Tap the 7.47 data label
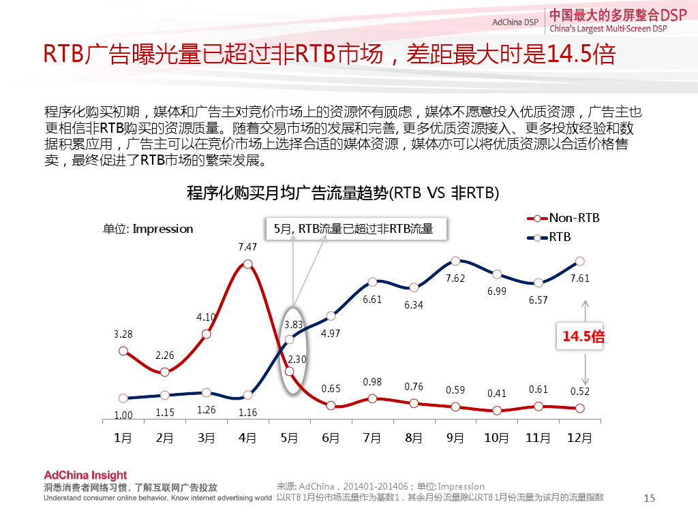(247, 247)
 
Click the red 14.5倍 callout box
(583, 336)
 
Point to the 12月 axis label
(579, 438)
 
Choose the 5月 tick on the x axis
(289, 438)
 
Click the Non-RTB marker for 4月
(247, 264)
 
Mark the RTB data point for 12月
(580, 261)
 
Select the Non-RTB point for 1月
(123, 351)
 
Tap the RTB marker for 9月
(455, 261)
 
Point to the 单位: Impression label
(148, 229)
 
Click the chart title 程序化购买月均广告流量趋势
(343, 193)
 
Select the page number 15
(649, 498)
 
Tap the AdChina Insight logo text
(85, 475)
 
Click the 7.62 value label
(455, 279)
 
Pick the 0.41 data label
(497, 394)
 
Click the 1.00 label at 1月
(123, 415)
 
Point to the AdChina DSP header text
(515, 22)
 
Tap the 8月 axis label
(414, 438)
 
